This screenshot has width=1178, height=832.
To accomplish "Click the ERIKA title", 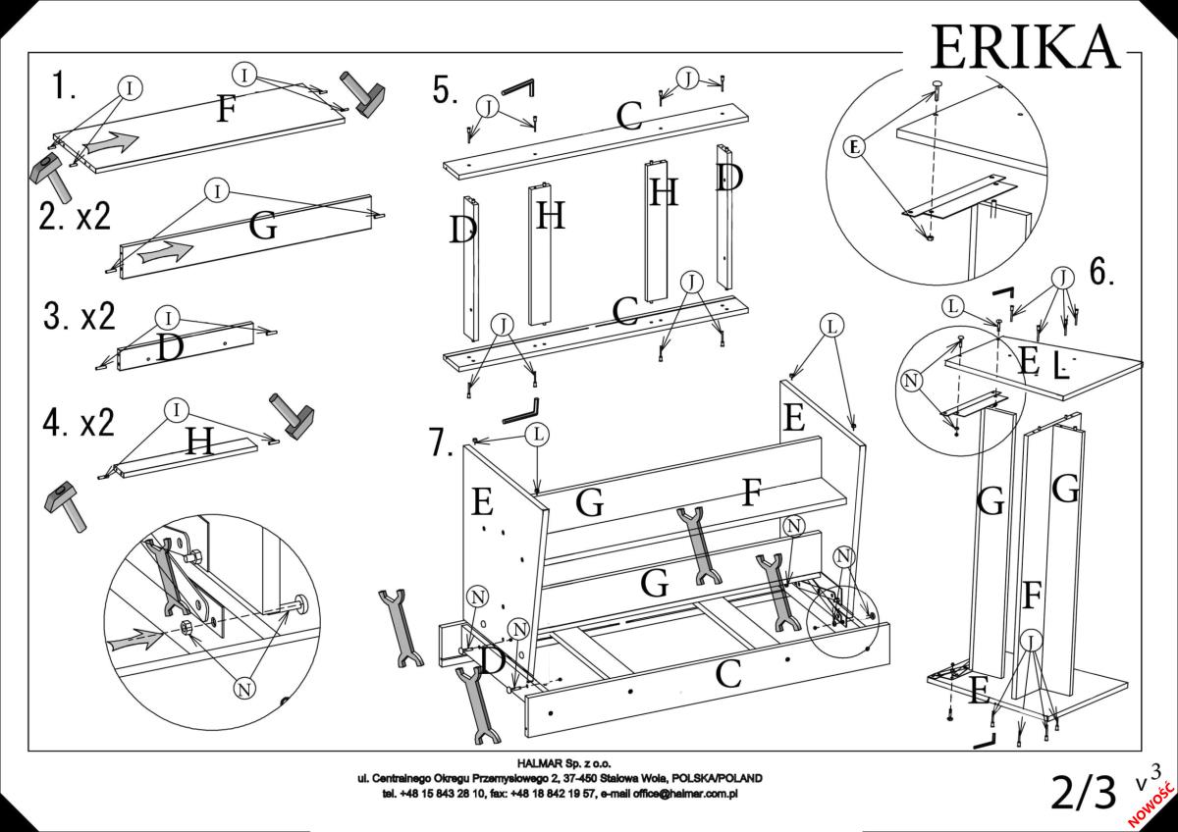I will point(1024,45).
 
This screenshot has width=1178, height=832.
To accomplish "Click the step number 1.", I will point(64,86).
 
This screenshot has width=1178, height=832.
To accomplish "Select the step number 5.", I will point(445,90).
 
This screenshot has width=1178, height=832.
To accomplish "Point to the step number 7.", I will point(442,442).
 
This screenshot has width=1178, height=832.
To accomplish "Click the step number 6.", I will point(1101,272).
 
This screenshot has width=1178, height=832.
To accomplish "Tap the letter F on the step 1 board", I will point(226,110).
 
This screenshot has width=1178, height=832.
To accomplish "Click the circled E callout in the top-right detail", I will point(855,147).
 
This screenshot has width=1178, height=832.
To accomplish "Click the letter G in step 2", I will point(262,227).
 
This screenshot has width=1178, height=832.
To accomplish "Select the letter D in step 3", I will point(170,348).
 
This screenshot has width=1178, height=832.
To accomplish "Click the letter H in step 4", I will point(200,442).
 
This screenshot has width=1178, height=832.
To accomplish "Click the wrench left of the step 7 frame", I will point(400,628).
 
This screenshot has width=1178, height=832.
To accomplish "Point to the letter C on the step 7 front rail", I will point(727,675).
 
